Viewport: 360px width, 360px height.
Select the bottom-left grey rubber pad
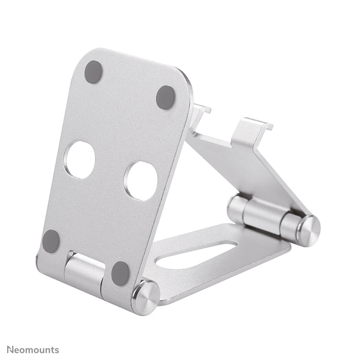point(51,240)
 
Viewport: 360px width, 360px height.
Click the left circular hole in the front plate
point(81,160)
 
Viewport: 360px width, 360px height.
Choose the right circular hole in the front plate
point(141,181)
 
